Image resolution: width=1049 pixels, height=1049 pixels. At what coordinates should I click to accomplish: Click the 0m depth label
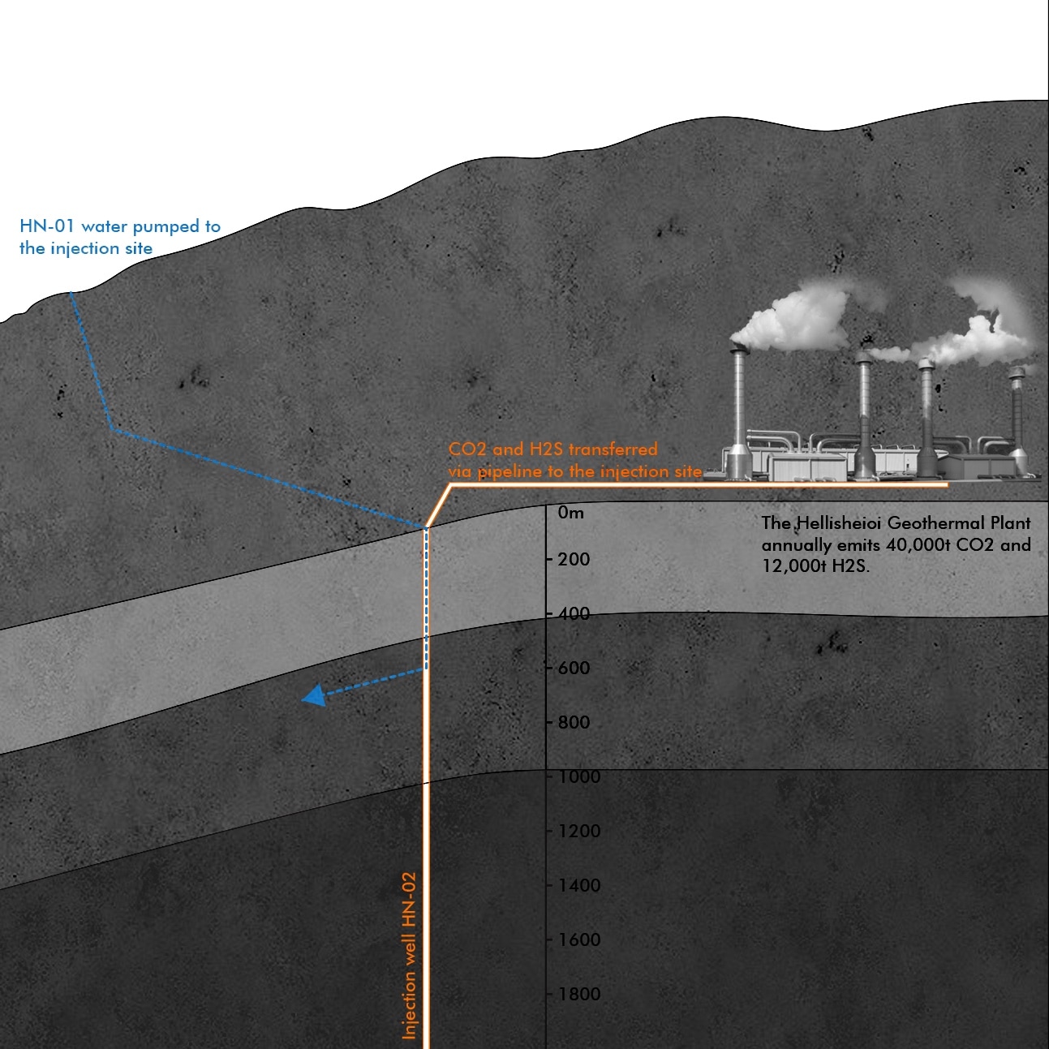click(570, 513)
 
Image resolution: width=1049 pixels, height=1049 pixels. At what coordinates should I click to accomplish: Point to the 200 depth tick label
click(574, 559)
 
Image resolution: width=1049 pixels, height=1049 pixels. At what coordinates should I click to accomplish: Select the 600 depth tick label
click(574, 668)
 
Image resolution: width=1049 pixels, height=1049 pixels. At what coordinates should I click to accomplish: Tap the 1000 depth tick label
click(578, 776)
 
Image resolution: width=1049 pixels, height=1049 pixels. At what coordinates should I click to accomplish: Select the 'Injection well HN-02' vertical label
click(409, 955)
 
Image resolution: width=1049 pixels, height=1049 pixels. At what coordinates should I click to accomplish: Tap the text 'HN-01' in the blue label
click(46, 226)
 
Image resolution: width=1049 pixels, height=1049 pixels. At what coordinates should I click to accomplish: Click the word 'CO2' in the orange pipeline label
click(467, 449)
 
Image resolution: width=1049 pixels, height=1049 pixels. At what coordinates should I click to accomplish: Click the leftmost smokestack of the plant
click(738, 406)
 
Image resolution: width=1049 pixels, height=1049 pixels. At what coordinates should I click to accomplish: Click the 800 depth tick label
click(574, 722)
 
